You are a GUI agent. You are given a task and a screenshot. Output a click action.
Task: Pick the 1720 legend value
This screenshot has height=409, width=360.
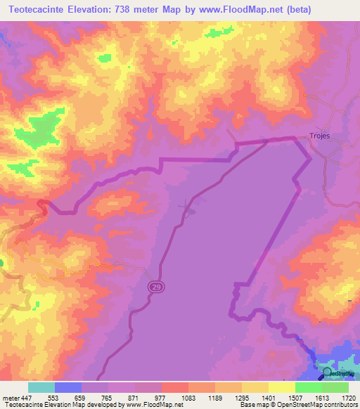(348, 398)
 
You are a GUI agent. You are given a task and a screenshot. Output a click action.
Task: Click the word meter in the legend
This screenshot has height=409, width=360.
(11, 398)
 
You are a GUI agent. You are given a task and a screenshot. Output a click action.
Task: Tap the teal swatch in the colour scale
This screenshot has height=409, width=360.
(41, 387)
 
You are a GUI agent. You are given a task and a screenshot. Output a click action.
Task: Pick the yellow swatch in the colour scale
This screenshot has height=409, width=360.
(282, 387)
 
